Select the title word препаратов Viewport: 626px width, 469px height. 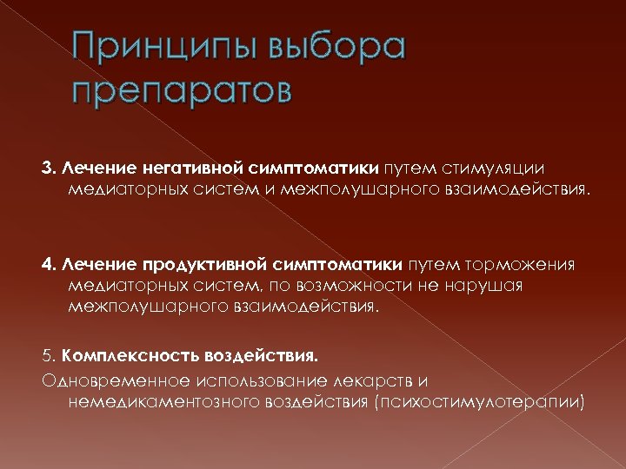[182, 89]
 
